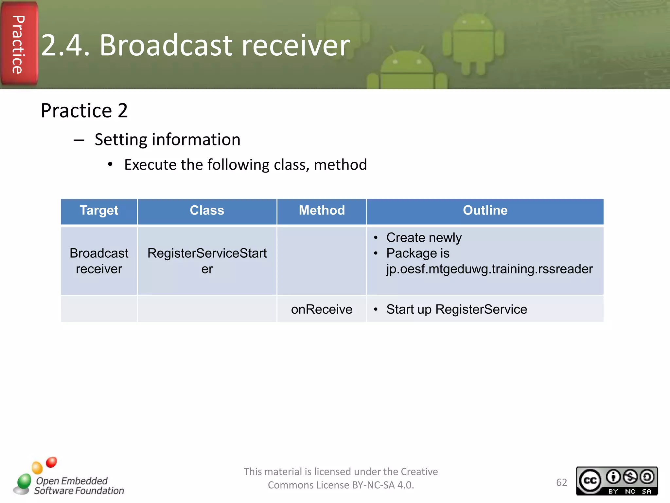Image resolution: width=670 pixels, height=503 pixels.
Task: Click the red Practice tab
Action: [19, 44]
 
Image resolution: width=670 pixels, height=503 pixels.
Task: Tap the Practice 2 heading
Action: [84, 110]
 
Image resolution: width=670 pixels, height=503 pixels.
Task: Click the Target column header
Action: [99, 211]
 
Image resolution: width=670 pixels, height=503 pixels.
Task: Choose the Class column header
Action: [207, 211]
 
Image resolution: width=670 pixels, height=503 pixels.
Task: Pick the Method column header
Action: [322, 211]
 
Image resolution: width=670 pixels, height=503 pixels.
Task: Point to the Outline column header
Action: [485, 211]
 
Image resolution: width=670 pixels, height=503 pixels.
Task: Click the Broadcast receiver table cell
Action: [99, 261]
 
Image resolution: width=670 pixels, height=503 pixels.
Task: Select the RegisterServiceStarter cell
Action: [207, 261]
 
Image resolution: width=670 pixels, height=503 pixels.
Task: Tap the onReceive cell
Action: [322, 309]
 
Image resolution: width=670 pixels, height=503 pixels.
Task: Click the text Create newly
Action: [424, 237]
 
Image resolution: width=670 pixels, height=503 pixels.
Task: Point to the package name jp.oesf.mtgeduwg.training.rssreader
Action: [489, 269]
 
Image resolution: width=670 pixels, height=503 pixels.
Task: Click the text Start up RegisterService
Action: [456, 309]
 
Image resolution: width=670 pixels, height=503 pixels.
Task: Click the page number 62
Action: [561, 482]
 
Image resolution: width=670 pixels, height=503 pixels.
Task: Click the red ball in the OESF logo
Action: [51, 462]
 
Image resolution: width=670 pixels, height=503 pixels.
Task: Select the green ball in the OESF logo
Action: [24, 481]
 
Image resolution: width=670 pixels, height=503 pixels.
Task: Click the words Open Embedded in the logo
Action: [72, 481]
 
